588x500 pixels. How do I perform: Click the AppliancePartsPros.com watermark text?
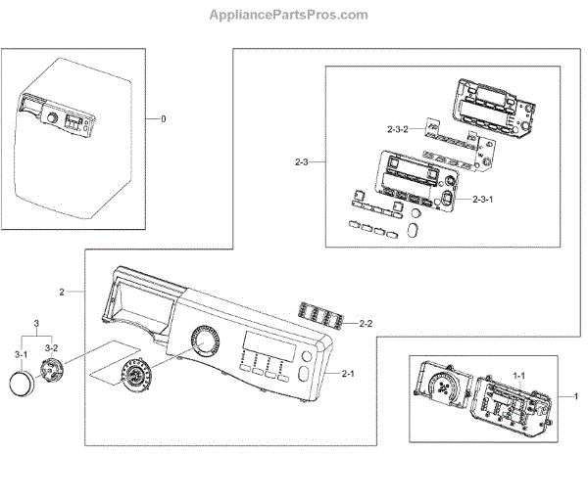click(x=289, y=15)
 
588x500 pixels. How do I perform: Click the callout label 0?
click(x=164, y=118)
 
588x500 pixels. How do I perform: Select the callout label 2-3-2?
click(x=398, y=128)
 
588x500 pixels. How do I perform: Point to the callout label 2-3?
click(x=303, y=160)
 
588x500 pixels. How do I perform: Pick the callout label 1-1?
click(x=519, y=375)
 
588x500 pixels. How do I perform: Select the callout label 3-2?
click(x=51, y=347)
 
